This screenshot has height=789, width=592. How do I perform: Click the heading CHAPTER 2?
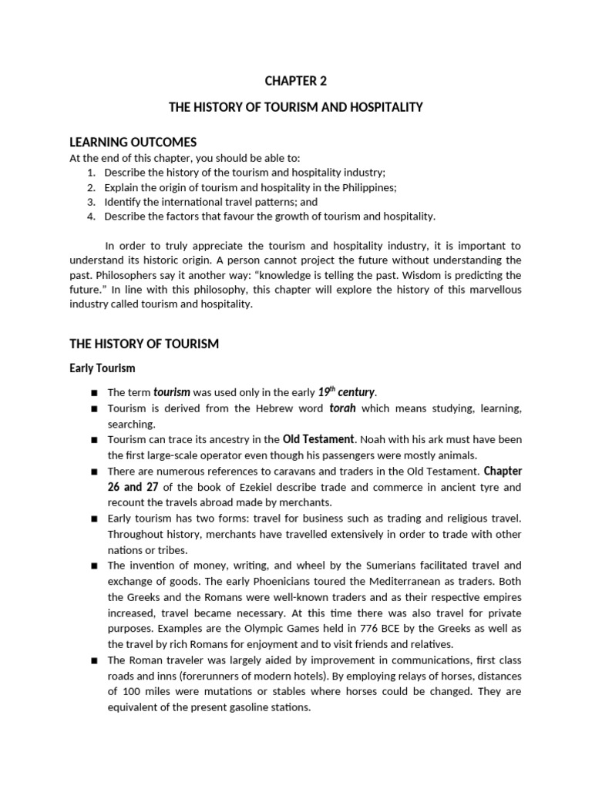point(296,80)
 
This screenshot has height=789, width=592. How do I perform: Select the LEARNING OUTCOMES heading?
point(133,142)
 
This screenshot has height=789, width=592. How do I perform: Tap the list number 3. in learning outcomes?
point(90,202)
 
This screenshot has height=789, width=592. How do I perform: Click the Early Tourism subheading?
point(103,368)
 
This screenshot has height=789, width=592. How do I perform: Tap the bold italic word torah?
point(343,408)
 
